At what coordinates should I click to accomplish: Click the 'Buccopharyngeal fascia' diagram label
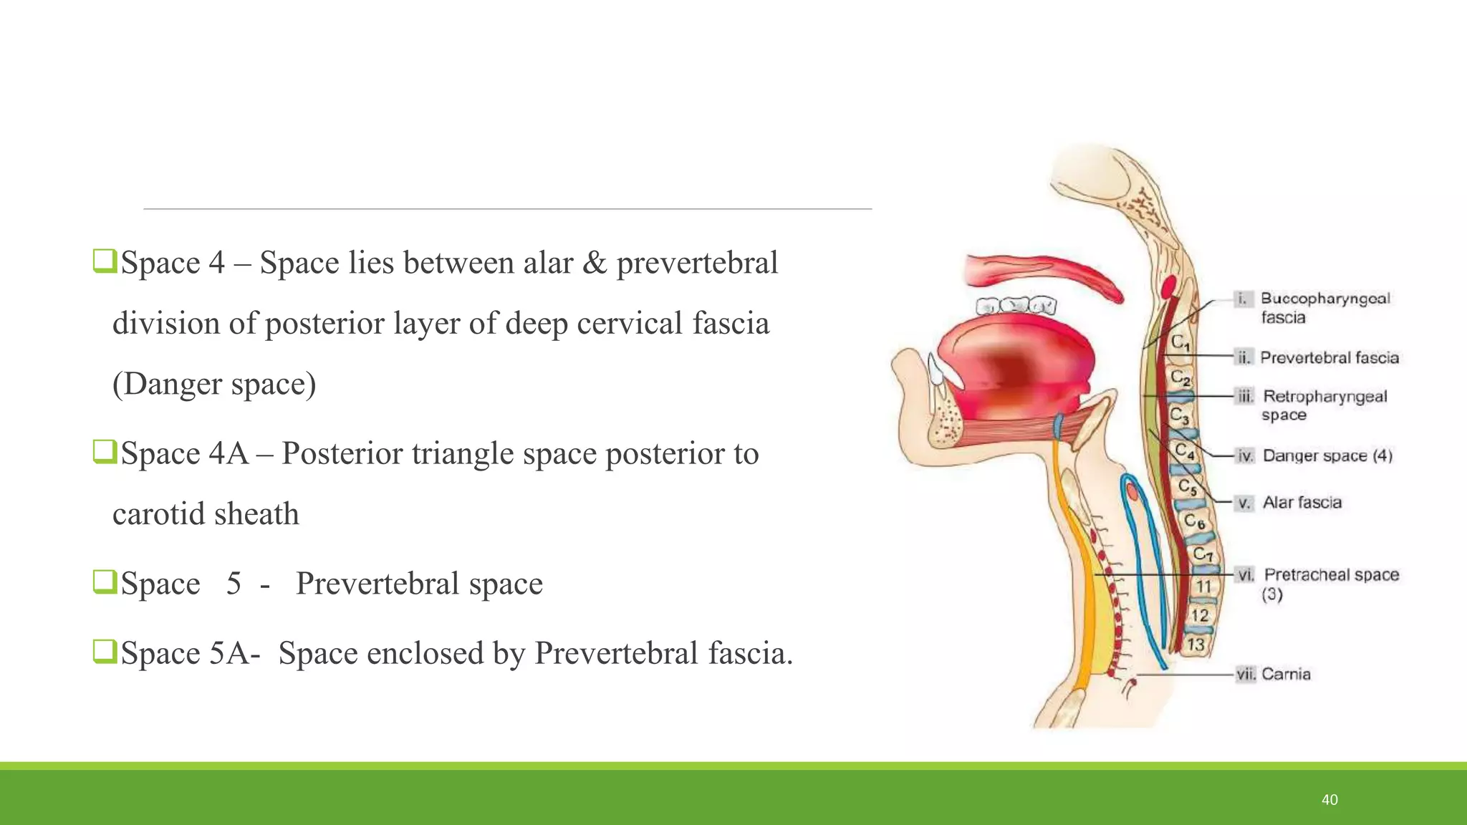1324,307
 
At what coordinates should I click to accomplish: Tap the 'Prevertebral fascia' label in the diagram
1329,357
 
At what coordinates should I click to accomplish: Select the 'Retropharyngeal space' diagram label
1324,405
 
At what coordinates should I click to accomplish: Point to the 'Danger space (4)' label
1327,455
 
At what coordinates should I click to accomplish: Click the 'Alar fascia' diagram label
1302,503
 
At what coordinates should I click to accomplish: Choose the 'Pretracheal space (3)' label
1330,583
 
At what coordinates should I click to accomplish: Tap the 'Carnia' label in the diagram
1286,674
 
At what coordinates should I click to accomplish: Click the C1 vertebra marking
1180,343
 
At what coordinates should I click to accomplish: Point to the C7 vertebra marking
1203,554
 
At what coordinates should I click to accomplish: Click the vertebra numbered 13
1196,644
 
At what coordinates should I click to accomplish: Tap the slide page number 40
1329,800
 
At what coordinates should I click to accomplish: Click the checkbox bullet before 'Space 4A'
104,452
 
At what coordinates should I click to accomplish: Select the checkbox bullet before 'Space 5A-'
104,652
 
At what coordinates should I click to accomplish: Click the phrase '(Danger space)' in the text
214,384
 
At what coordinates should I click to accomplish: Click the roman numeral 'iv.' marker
1245,456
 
